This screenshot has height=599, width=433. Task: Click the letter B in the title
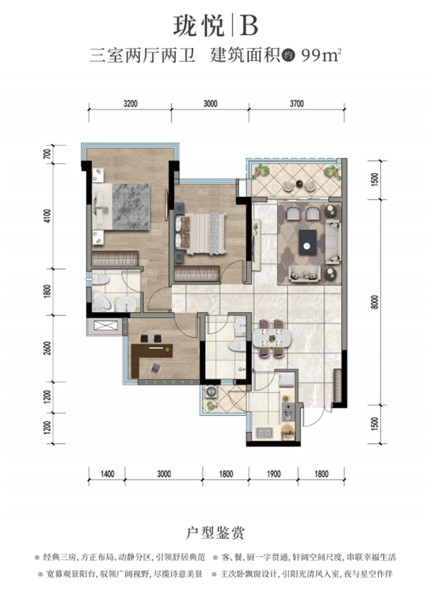pos(248,25)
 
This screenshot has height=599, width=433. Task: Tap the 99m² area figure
pos(321,55)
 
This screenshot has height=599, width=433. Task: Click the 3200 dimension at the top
pos(131,104)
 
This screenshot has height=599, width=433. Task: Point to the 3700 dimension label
pos(296,104)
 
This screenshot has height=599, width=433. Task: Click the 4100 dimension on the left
pos(47,216)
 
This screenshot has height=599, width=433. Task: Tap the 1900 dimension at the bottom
pos(273,474)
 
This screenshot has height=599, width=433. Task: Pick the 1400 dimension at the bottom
pos(107,474)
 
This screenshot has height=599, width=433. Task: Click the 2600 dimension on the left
pos(47,348)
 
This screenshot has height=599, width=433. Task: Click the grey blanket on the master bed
pos(131,207)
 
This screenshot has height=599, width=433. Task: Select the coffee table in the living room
pos(308,242)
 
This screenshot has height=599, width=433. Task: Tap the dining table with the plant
pos(272,338)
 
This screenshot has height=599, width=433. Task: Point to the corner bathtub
pos(102,301)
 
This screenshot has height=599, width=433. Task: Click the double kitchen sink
pos(264,433)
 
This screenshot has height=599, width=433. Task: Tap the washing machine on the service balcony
pos(211,392)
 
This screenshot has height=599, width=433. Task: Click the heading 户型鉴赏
pos(215,532)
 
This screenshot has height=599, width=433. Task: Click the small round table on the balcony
pos(299,184)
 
